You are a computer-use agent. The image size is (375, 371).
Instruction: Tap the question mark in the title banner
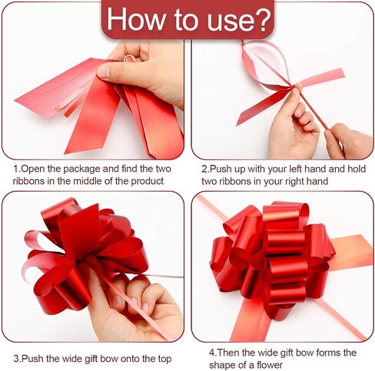coord(261,20)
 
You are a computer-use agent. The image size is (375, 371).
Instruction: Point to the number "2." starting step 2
coord(205,169)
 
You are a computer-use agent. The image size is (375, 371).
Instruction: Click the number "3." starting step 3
coord(17,359)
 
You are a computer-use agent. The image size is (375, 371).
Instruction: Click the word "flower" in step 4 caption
coord(270,365)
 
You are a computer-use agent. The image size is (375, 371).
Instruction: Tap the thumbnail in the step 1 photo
coord(102,71)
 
